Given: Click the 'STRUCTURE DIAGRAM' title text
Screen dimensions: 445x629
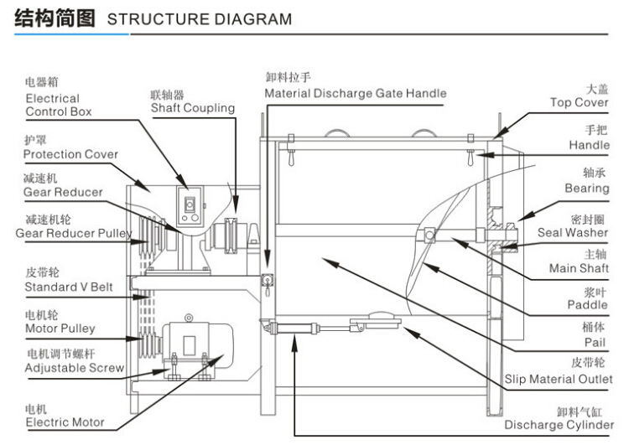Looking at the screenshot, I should click(x=200, y=19).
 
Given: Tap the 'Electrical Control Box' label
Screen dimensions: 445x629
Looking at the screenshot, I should click(x=58, y=105).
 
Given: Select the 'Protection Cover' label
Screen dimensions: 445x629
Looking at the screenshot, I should click(x=70, y=154).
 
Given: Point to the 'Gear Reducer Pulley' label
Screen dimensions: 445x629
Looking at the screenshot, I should click(x=74, y=232).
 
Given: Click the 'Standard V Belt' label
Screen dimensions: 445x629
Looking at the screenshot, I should click(x=68, y=287).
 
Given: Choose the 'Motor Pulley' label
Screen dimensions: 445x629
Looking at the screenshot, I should click(x=60, y=329).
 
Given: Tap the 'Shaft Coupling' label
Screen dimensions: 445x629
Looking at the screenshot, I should click(x=193, y=108).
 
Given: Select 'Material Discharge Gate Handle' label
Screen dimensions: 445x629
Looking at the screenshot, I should click(x=355, y=93).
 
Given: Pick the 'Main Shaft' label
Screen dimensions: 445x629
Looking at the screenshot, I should click(x=579, y=268).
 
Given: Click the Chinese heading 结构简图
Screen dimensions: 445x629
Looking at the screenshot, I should click(x=55, y=18).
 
